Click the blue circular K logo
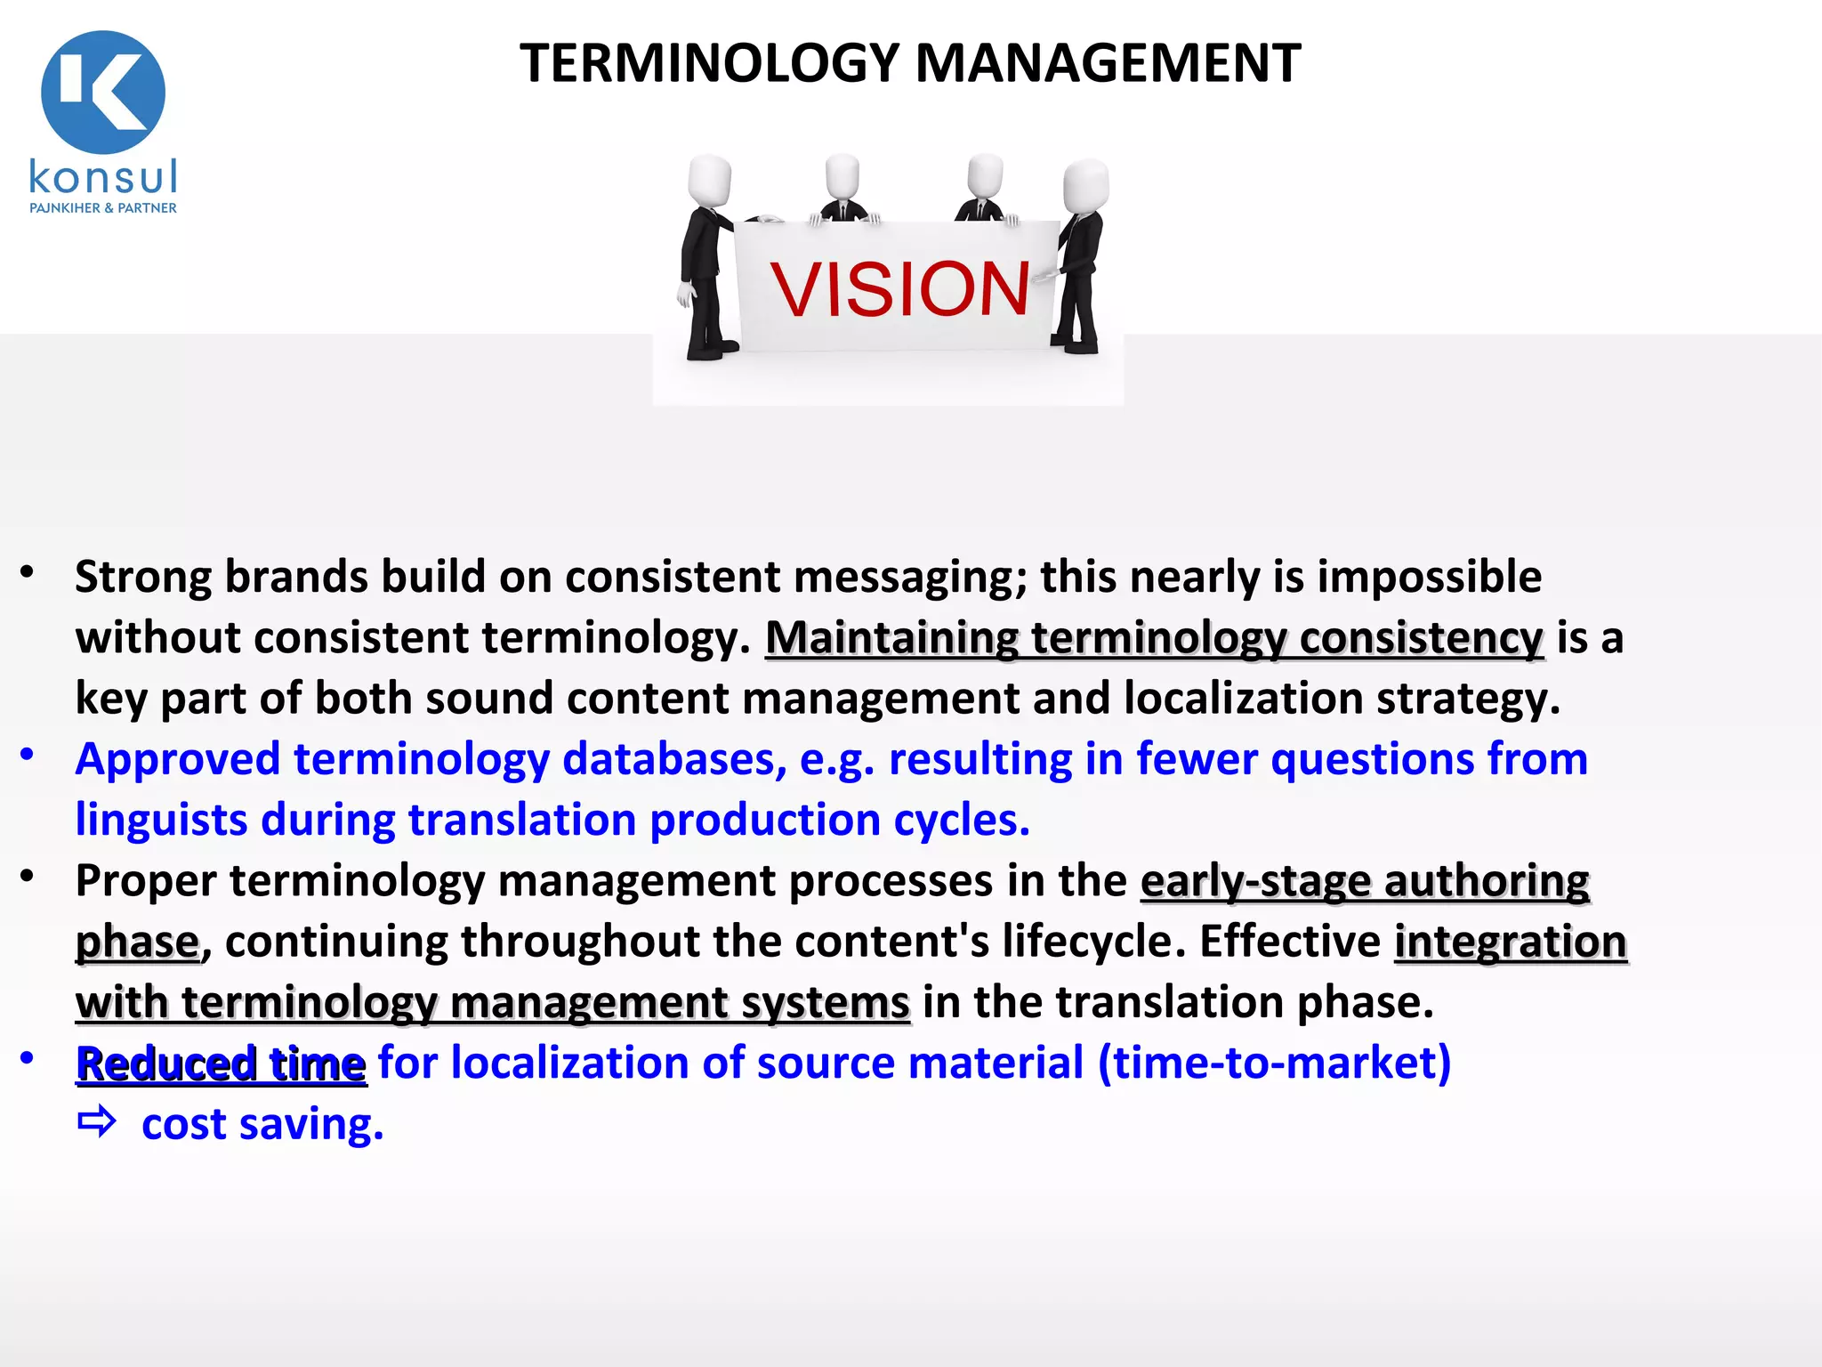103,92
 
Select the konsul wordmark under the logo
103,176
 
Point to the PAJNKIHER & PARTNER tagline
103,208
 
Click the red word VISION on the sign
899,290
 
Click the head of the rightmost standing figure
1086,185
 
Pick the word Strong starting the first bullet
142,577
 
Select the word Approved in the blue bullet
178,759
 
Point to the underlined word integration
1510,942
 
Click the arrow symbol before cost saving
96,1123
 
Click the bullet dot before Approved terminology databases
28,756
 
